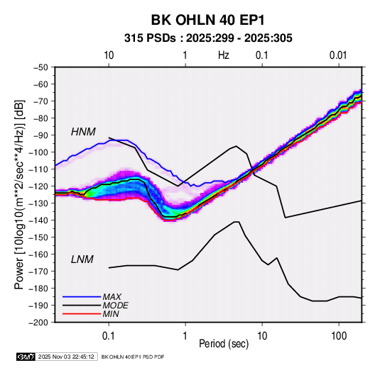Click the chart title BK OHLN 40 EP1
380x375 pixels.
(207, 20)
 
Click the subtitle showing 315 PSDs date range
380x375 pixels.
(208, 38)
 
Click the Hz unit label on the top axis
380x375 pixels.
(224, 55)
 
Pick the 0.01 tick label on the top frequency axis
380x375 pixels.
(338, 55)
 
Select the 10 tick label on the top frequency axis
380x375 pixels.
(109, 55)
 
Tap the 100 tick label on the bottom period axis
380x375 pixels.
(339, 336)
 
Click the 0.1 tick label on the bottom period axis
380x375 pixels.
(109, 336)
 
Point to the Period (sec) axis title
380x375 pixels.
(224, 344)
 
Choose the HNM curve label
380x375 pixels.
(83, 132)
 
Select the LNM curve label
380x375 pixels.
(82, 259)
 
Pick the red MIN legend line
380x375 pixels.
(82, 314)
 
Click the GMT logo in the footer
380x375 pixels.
(26, 357)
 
